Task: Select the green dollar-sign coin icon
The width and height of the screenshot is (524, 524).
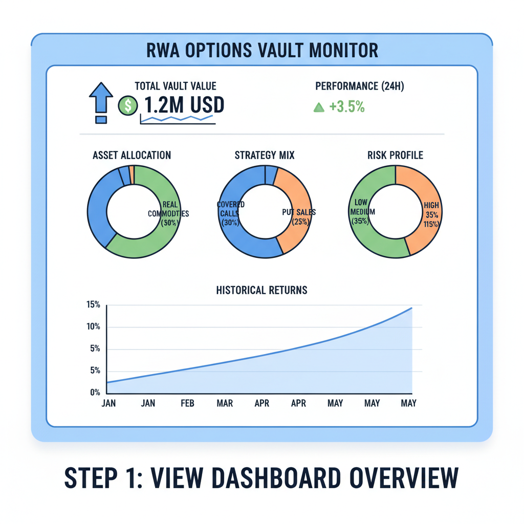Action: coord(128,105)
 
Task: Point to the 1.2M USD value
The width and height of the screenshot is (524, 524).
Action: coord(184,105)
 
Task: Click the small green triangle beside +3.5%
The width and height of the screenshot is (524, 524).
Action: coord(319,107)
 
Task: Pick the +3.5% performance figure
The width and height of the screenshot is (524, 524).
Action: coord(347,107)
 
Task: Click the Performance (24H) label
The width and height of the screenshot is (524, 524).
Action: coord(360,86)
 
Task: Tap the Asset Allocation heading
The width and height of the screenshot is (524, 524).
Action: coord(132,155)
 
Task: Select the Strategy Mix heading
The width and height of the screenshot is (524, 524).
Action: coord(265,155)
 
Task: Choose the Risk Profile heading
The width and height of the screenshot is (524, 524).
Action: coord(395,155)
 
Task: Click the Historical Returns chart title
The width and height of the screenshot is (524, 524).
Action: coord(262,290)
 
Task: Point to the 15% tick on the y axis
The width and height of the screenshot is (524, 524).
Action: coord(93,305)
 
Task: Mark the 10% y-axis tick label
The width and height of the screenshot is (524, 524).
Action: coord(93,327)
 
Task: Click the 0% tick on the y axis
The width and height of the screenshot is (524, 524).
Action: coord(95,392)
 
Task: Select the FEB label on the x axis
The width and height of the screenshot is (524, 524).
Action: coord(187,403)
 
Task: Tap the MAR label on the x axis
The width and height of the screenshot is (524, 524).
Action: coord(225,403)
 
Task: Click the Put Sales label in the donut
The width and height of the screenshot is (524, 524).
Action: coord(299,211)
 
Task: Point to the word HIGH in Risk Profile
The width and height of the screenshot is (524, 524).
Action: coord(431,206)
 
